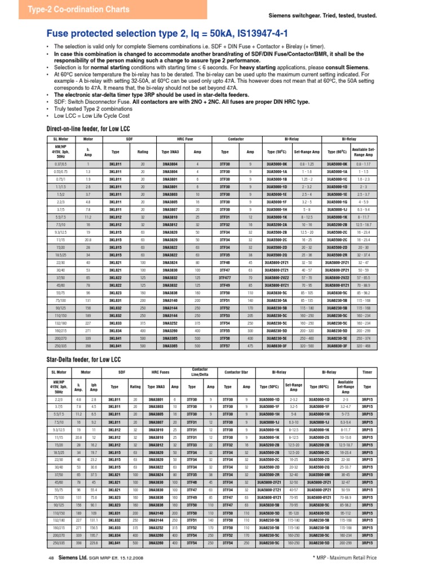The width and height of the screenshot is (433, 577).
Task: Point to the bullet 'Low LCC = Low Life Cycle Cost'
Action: click(92, 116)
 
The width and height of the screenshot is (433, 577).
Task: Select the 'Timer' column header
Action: click(368, 372)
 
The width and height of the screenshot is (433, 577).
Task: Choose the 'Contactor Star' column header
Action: click(237, 372)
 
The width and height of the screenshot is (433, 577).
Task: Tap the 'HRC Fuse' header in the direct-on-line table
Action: click(185, 138)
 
